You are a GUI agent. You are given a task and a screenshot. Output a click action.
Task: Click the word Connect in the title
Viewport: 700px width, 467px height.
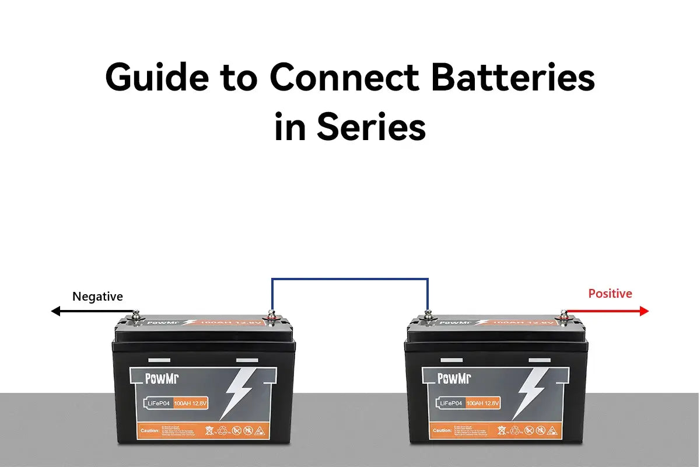click(344, 77)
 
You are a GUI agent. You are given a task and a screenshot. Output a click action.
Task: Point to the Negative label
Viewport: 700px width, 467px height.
click(97, 297)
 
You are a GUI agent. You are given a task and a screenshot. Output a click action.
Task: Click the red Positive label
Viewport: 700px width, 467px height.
click(610, 294)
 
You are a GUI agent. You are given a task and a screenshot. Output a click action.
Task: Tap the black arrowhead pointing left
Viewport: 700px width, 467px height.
click(57, 311)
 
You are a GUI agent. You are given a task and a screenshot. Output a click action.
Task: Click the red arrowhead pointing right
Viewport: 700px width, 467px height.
click(644, 311)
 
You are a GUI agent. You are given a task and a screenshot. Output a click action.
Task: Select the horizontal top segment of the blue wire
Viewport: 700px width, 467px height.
click(350, 279)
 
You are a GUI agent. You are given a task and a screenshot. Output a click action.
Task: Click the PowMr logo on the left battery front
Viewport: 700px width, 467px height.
click(162, 379)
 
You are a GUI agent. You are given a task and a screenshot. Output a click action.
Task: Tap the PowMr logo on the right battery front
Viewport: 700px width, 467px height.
click(454, 379)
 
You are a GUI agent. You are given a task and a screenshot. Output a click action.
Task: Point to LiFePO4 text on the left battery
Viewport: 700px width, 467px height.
click(158, 403)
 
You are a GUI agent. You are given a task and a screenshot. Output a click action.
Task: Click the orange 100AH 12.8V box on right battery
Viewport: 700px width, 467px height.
click(483, 403)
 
